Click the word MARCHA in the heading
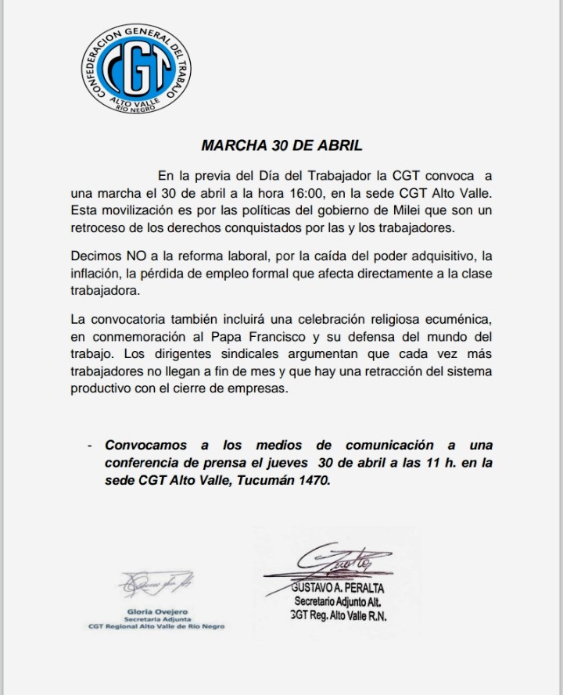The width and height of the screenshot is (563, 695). (228, 145)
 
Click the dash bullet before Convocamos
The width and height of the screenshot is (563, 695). (90, 445)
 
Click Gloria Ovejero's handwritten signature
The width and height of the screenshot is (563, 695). (152, 582)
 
